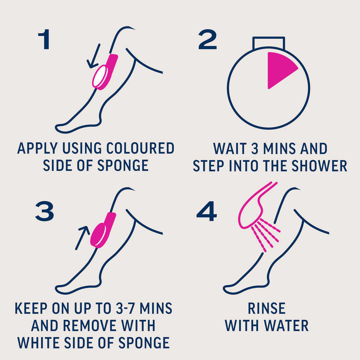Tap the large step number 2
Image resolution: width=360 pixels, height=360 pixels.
tap(207, 39)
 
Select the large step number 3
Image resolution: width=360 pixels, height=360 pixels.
tap(45, 211)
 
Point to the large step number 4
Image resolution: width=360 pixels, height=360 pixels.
tap(207, 211)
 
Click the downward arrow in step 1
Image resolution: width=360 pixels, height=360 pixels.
tap(94, 56)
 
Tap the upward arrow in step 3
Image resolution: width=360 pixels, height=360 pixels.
tap(82, 238)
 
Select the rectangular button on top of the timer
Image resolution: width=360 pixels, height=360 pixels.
tap(269, 43)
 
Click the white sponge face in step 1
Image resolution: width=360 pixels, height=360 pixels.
tap(100, 76)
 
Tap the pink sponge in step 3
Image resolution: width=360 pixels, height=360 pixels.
tap(103, 230)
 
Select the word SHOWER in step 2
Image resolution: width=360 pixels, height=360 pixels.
tap(319, 166)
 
